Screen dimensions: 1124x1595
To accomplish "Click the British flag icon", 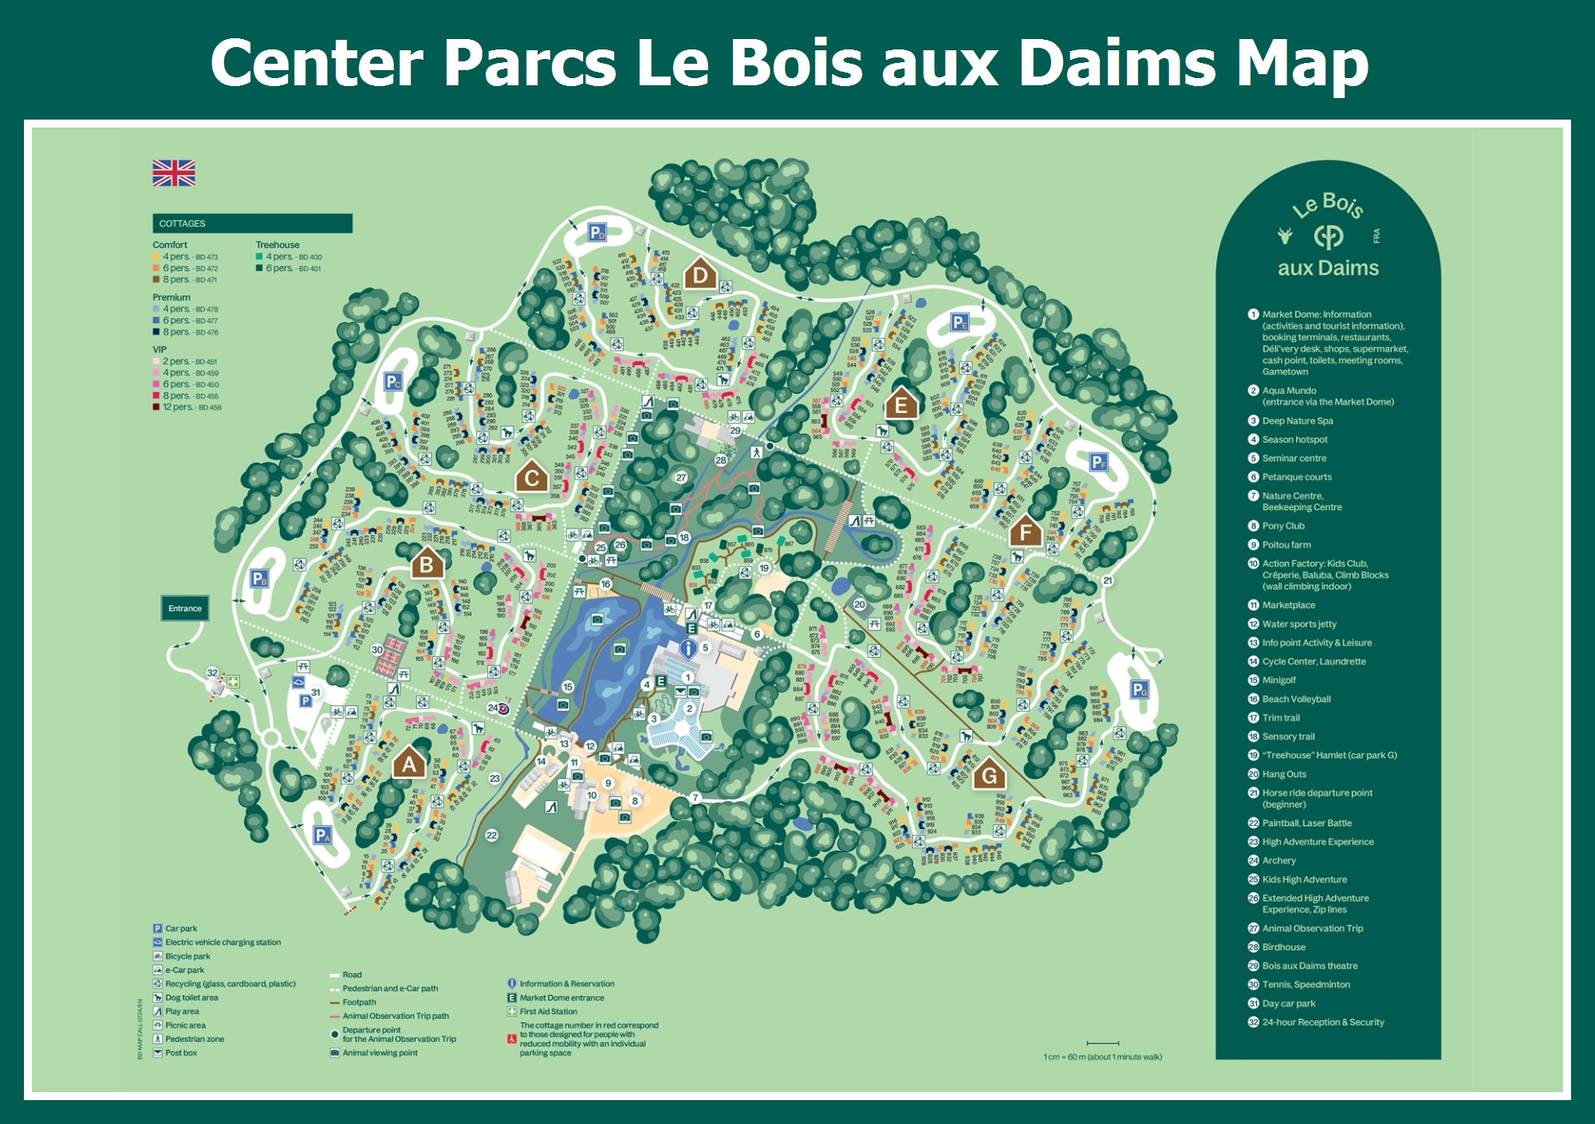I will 174,173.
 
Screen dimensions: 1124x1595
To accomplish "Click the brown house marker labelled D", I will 700,276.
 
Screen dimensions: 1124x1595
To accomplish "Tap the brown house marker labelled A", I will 409,764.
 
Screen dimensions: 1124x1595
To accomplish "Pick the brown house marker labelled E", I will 901,404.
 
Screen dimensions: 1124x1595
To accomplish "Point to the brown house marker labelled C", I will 531,478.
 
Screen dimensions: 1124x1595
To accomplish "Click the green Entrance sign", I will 185,608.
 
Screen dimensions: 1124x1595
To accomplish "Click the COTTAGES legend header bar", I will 252,223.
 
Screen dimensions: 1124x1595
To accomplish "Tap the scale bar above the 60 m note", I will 1102,1043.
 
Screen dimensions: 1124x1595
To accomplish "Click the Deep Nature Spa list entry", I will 1297,421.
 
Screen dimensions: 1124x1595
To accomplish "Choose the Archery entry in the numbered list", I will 1278,861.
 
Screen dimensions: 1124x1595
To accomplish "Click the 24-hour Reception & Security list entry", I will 1322,1022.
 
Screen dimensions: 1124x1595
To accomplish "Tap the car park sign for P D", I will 597,233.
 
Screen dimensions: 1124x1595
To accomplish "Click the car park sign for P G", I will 1140,690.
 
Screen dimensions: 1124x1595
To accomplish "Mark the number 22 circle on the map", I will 491,835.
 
